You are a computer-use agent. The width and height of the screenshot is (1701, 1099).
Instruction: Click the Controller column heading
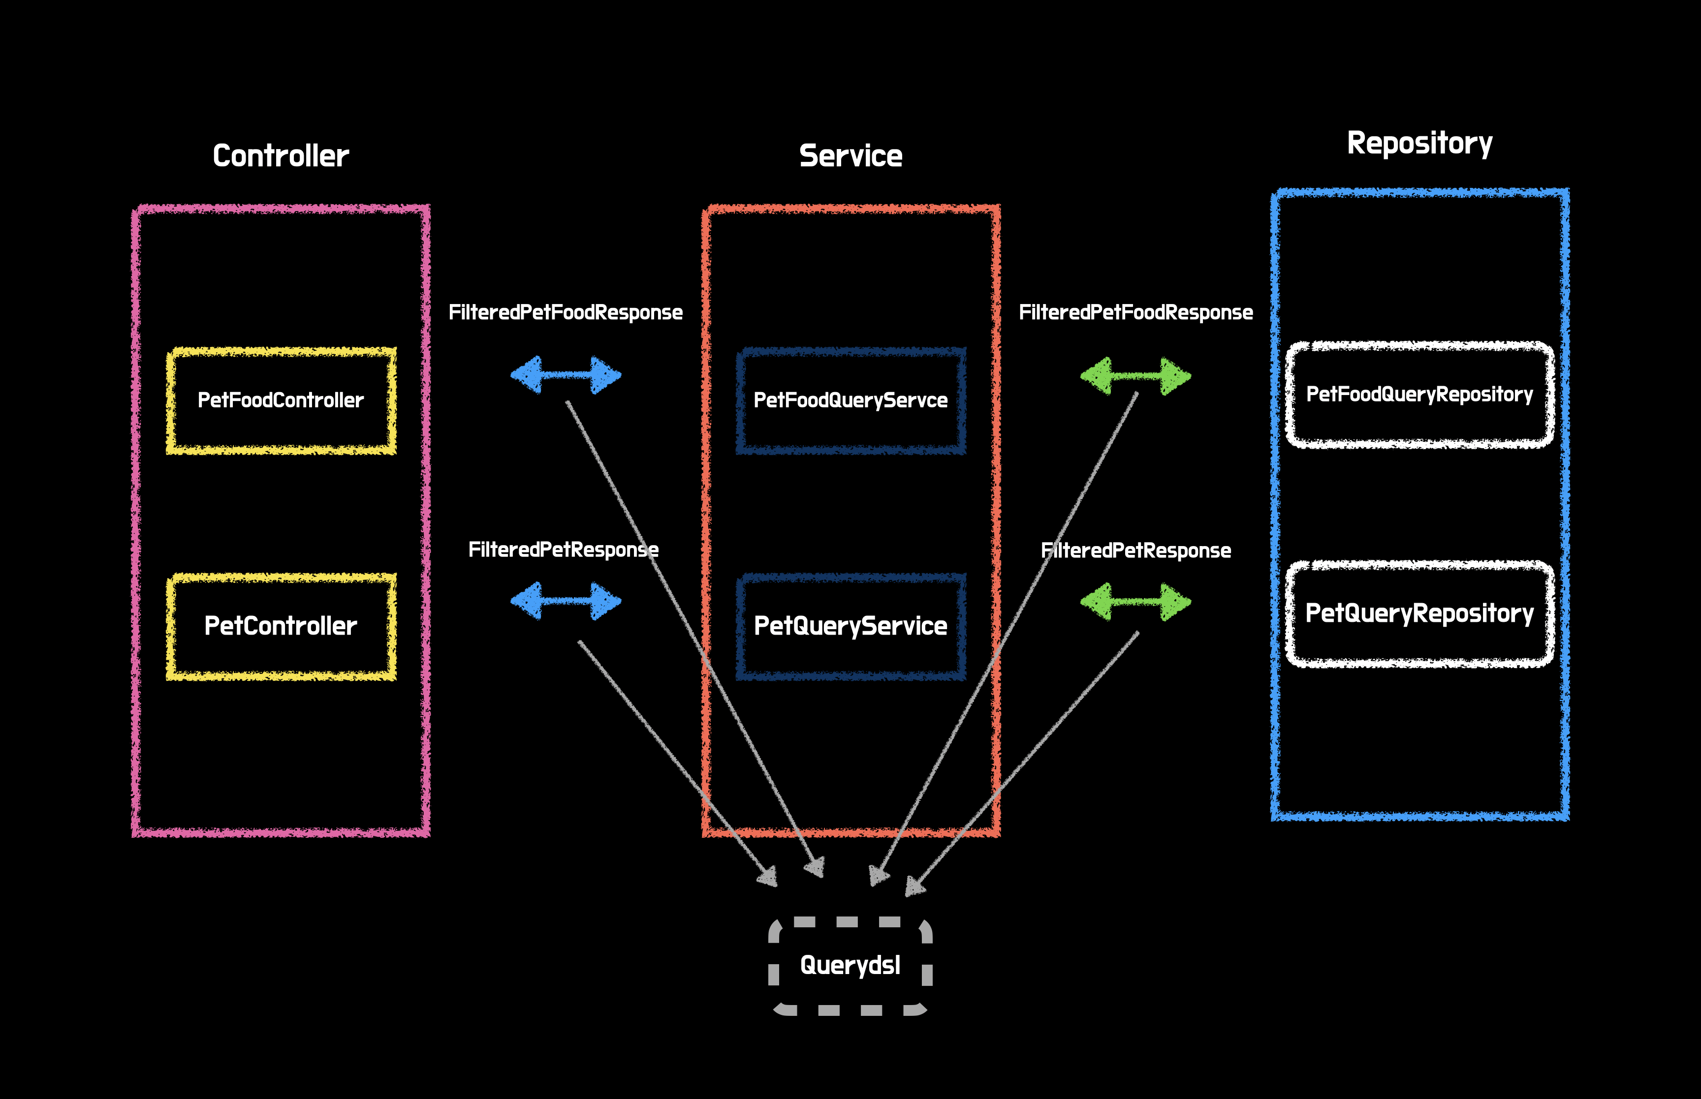coord(281,155)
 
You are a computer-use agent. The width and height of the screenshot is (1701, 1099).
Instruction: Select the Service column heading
coord(851,155)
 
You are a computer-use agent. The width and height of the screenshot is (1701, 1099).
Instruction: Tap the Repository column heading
coord(1420,144)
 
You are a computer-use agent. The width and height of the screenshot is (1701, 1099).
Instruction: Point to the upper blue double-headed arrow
coord(566,375)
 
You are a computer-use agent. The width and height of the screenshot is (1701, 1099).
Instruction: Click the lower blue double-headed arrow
coord(566,601)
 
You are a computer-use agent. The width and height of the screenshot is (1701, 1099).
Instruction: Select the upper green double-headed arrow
coord(1135,376)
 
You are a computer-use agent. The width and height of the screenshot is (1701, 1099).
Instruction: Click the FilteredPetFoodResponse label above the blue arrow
coord(566,312)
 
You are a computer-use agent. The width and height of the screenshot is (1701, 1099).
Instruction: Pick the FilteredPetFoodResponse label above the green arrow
coord(1135,312)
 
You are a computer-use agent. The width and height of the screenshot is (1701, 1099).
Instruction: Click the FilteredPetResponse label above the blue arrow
coord(563,549)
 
